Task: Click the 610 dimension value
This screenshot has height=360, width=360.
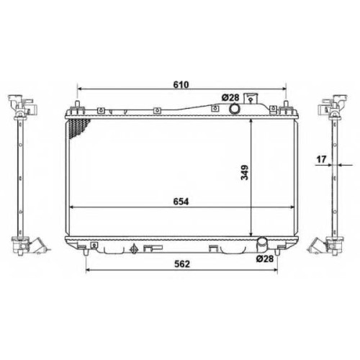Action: click(x=181, y=84)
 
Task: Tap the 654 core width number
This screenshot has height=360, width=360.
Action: click(x=181, y=202)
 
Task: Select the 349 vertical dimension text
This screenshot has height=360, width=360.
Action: click(x=245, y=172)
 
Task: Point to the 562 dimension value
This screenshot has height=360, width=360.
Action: click(x=182, y=264)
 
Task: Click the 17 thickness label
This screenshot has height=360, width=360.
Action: click(x=321, y=159)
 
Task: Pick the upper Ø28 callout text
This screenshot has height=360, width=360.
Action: click(x=230, y=98)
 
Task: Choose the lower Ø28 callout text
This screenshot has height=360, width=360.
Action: click(x=265, y=258)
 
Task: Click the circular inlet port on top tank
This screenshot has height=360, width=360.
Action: click(x=234, y=109)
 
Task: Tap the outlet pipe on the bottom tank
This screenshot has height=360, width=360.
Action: click(x=262, y=243)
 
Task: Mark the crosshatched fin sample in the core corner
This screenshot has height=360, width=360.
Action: click(x=77, y=127)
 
